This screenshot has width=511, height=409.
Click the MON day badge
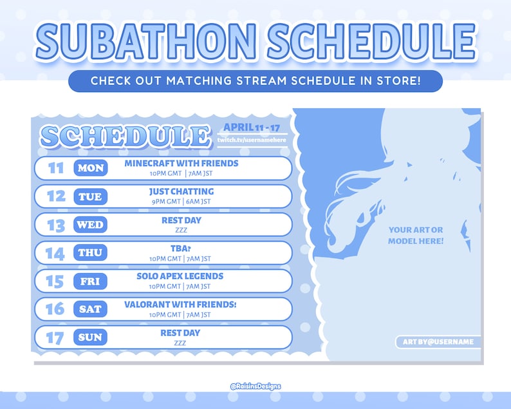[x=90, y=168]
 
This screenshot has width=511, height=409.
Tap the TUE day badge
[x=90, y=196]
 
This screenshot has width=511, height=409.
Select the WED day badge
[x=90, y=225]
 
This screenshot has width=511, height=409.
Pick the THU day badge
[x=90, y=253]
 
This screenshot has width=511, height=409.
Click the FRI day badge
[x=90, y=281]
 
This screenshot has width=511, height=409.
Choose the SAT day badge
[x=90, y=309]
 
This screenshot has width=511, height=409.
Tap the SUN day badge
[x=90, y=338]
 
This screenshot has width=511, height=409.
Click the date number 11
[x=57, y=168]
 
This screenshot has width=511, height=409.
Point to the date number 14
[x=55, y=253]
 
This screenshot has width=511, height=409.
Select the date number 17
[x=56, y=338]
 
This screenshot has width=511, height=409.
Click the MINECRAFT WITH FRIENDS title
[x=181, y=164]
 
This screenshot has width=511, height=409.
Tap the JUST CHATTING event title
[x=181, y=192]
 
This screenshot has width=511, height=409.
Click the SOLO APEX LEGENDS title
[x=180, y=276]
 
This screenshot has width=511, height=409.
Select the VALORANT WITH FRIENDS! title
[x=180, y=304]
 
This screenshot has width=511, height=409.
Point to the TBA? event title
[x=180, y=248]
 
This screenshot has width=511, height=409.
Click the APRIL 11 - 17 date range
[x=250, y=127]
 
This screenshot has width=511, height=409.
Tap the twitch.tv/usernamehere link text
[x=250, y=140]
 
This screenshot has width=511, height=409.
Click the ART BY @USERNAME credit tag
[x=438, y=342]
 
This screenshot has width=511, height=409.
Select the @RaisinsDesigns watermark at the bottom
[x=256, y=386]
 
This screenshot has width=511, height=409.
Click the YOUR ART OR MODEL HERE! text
[x=416, y=235]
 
